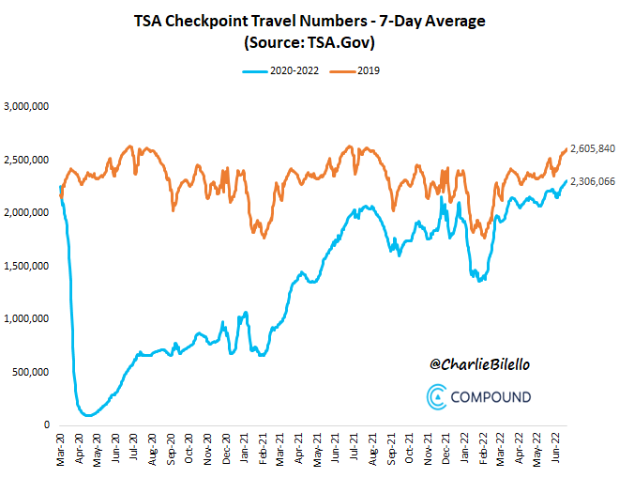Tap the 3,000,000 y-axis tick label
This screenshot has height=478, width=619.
[28, 107]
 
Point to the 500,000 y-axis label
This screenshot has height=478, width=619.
[32, 372]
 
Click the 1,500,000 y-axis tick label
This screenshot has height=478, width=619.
[28, 266]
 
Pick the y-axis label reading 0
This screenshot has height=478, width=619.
[47, 425]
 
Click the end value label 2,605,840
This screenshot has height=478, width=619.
[592, 148]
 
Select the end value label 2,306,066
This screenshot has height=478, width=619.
[592, 181]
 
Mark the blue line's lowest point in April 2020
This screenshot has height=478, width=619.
[88, 414]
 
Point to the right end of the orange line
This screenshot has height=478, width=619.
[566, 149]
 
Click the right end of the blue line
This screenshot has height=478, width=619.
[566, 181]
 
